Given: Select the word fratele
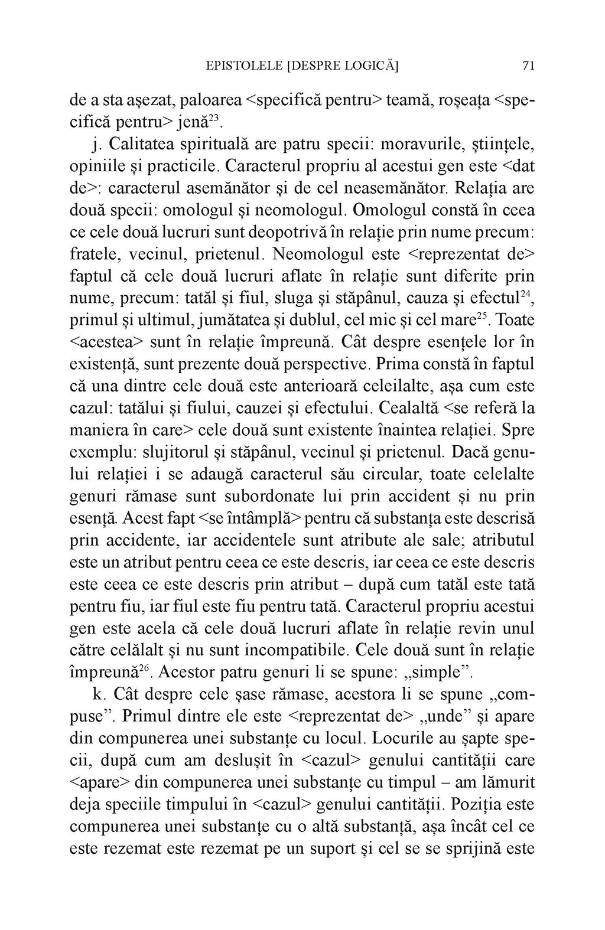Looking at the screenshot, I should pyautogui.click(x=94, y=255).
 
